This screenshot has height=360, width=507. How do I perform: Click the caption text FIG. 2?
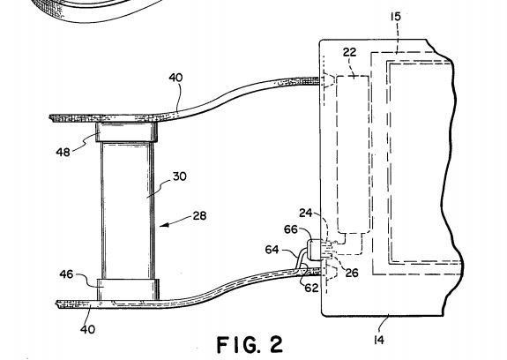pos(250,344)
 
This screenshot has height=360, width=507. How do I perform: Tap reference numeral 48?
pos(63,152)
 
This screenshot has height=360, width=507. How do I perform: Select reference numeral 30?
pos(180,176)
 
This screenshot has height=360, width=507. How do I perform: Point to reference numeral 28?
pos(199,216)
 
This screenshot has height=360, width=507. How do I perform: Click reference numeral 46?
pos(66,274)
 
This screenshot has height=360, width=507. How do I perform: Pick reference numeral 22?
pos(349,52)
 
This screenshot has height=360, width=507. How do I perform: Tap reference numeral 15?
pos(395,17)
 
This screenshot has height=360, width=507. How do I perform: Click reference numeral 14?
pos(378,340)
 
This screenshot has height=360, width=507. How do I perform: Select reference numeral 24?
pos(306,214)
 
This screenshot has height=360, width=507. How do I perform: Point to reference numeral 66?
pos(291,229)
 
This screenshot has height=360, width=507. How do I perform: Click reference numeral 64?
pos(272,250)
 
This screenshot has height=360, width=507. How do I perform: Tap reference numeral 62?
pos(311,288)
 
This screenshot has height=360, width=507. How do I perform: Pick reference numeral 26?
pos(352,274)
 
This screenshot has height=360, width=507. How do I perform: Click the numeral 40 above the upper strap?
pos(175,78)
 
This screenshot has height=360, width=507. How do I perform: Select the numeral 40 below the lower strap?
pos(87,330)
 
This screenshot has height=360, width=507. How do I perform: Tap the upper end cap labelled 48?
pos(126,132)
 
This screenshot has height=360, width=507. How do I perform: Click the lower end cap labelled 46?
pos(128,289)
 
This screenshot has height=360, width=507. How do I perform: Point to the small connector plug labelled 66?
pos(316,250)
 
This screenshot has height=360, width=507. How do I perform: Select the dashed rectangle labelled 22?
pos(353,154)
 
